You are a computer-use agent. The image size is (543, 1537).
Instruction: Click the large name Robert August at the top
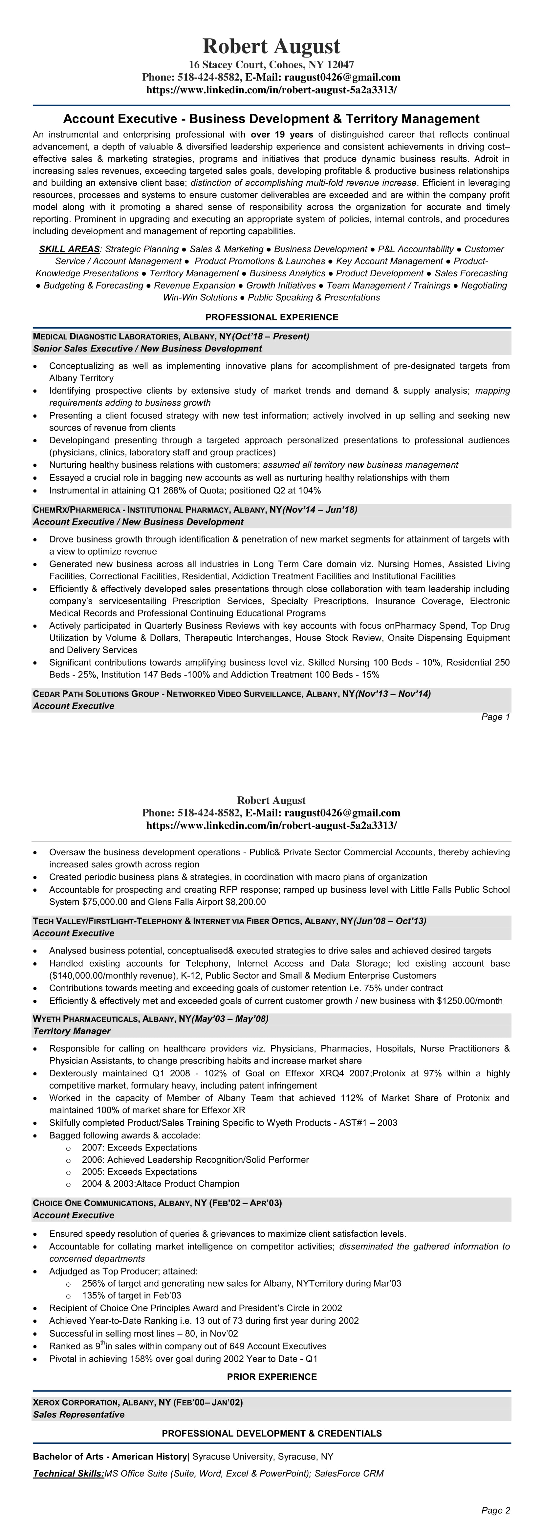(271, 46)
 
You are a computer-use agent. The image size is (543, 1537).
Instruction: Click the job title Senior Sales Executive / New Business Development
(147, 349)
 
